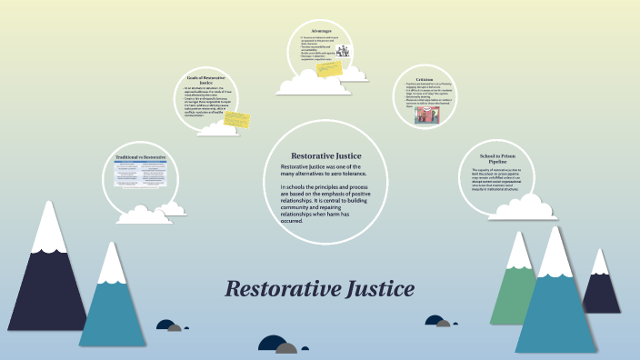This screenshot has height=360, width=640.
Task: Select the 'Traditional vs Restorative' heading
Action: point(140,157)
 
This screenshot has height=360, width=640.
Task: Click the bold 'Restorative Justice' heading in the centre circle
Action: point(319,155)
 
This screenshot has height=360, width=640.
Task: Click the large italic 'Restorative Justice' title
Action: point(319,290)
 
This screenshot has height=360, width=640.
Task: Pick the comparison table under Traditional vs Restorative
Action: point(140,175)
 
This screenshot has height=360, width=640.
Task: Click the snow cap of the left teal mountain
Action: point(111,264)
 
